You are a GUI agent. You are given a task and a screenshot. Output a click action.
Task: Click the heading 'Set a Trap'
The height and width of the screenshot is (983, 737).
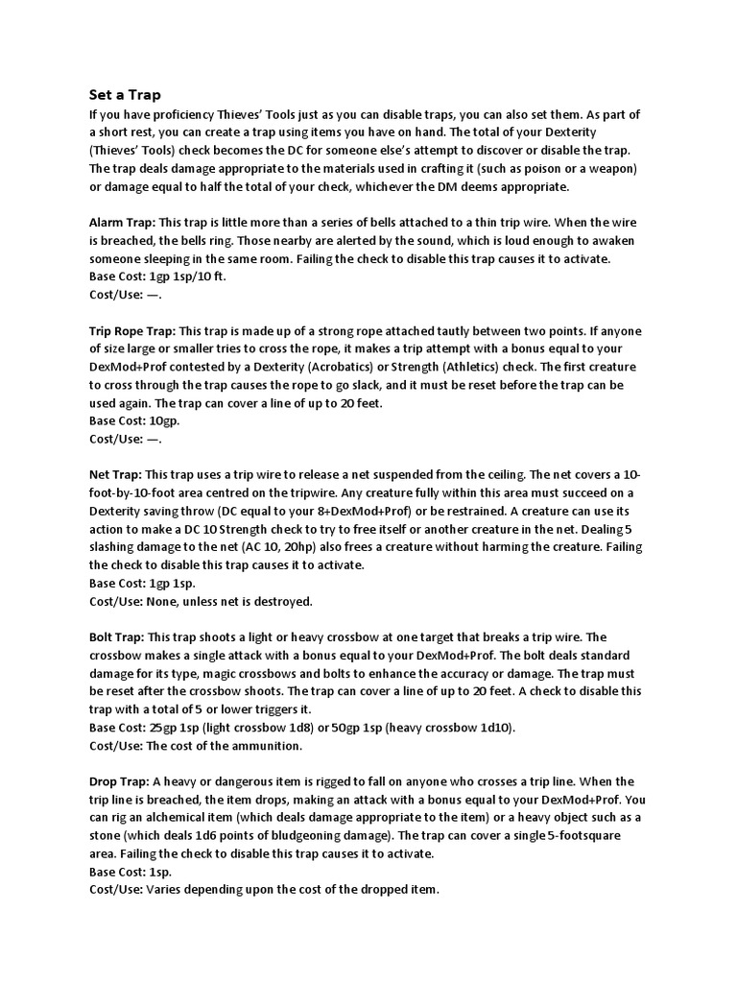(x=125, y=95)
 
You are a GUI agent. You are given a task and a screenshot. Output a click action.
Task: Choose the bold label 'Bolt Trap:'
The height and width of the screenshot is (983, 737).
(x=117, y=636)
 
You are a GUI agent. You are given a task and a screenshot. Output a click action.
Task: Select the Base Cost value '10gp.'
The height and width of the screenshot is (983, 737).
(x=164, y=420)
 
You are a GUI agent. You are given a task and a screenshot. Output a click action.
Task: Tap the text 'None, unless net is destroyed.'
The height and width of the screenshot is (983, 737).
(x=229, y=601)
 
